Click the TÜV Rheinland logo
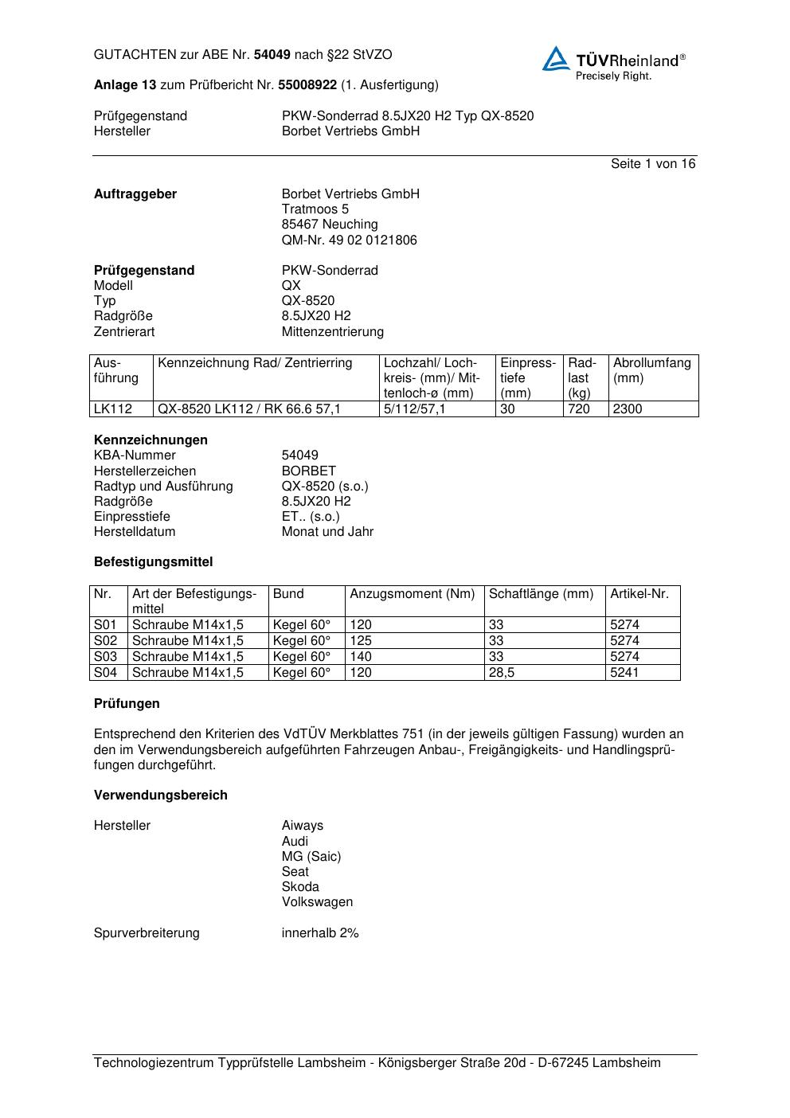tap(613, 62)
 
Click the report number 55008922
tap(307, 85)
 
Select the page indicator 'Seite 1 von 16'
tap(652, 164)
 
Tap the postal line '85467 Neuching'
tap(330, 225)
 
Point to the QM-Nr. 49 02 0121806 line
tap(349, 240)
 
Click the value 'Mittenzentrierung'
tap(332, 332)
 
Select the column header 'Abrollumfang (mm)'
tap(651, 370)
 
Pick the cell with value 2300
tap(628, 409)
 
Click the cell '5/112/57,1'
tap(415, 409)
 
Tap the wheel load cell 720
tap(579, 409)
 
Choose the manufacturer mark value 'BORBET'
tap(308, 471)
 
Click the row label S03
tap(105, 657)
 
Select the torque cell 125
tap(361, 641)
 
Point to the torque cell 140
tap(361, 657)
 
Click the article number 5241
tap(624, 673)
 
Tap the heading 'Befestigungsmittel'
tap(153, 562)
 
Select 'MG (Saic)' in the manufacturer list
tap(311, 857)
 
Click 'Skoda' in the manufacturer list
tap(300, 887)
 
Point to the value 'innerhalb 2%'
tap(320, 933)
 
